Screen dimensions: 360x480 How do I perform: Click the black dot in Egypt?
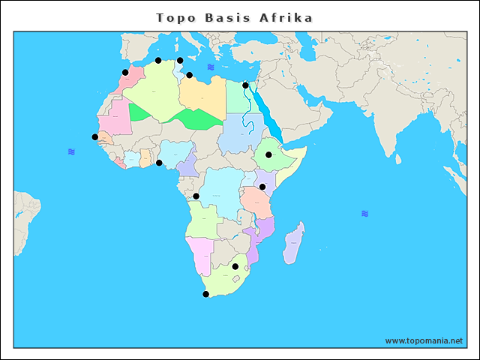tap(245, 85)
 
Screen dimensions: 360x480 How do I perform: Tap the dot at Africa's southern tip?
tap(206, 294)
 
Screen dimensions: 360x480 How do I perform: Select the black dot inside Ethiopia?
tap(268, 155)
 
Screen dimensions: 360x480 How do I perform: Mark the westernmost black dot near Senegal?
tap(94, 136)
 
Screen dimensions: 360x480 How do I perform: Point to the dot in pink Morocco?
tap(125, 73)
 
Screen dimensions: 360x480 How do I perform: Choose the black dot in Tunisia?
tap(180, 61)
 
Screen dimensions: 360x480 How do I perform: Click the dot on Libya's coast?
tap(190, 75)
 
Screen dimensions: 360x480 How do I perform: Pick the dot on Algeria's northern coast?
tap(158, 60)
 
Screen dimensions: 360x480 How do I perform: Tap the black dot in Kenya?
tap(262, 187)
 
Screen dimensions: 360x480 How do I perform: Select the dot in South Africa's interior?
tap(235, 266)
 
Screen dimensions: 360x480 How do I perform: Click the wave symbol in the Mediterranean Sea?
tap(211, 67)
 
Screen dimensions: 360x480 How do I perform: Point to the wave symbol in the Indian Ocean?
tap(364, 214)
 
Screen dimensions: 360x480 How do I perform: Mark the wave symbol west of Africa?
tap(71, 151)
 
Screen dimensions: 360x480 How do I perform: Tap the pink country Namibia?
tap(199, 255)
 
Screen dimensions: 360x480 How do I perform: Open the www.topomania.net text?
tap(424, 340)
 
